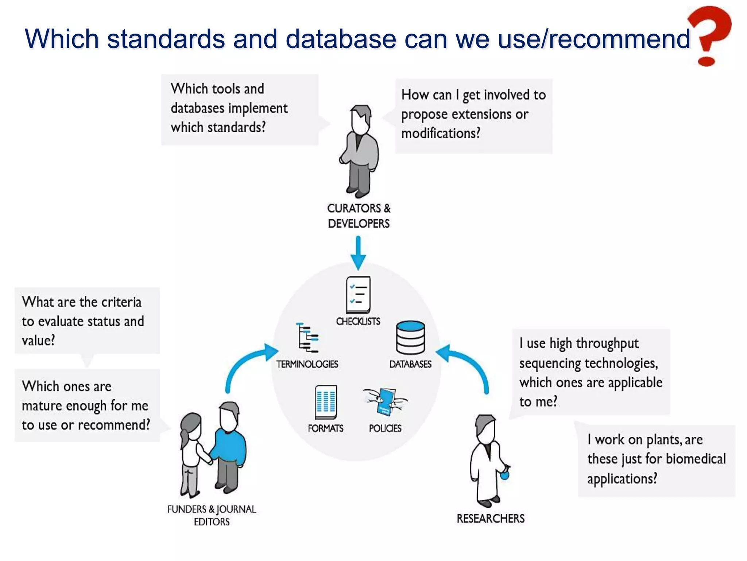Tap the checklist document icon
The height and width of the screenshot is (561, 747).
pyautogui.click(x=358, y=294)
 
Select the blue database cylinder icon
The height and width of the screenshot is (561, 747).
pyautogui.click(x=410, y=337)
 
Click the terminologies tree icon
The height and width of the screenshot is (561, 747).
pyautogui.click(x=308, y=337)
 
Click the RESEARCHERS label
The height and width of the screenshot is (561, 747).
pyautogui.click(x=491, y=518)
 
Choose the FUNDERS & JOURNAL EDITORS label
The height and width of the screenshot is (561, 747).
pyautogui.click(x=212, y=515)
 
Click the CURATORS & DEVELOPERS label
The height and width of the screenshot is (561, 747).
pyautogui.click(x=359, y=215)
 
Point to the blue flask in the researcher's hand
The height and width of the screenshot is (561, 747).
pyautogui.click(x=504, y=475)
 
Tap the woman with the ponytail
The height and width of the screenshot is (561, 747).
pyautogui.click(x=190, y=453)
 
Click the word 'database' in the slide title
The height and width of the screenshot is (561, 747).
pyautogui.click(x=341, y=39)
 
